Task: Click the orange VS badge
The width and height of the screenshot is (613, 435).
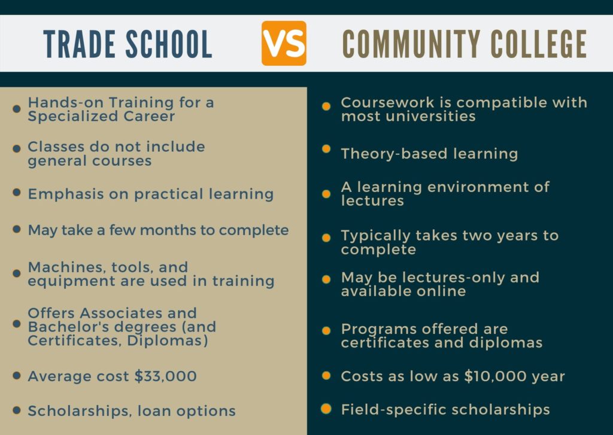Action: (x=284, y=43)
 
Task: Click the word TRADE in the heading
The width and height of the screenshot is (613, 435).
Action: (x=74, y=44)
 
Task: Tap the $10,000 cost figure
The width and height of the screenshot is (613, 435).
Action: (x=500, y=376)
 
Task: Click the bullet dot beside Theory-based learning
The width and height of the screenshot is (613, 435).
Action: (x=326, y=149)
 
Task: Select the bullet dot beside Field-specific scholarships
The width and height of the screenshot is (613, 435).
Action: (x=326, y=409)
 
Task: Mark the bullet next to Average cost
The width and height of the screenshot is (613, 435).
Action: (x=17, y=376)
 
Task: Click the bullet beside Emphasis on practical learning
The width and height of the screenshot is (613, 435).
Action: (x=17, y=193)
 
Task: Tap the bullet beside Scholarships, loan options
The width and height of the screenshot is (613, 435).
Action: (x=17, y=410)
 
